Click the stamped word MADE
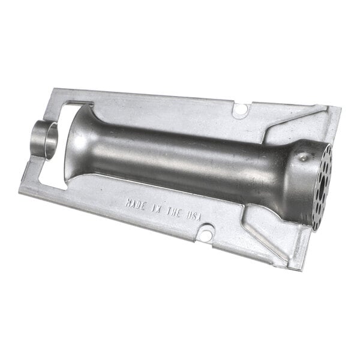(x=135, y=205)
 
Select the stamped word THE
(x=173, y=212)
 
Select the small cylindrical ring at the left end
(x=44, y=140)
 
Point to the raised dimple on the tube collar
(x=302, y=157)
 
